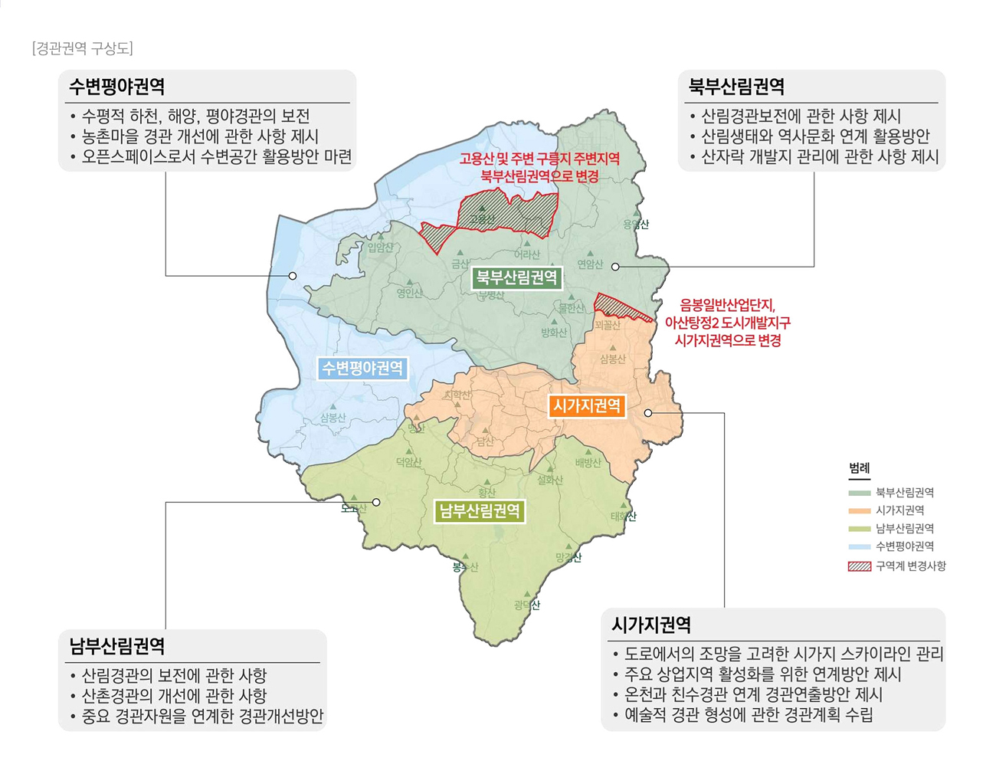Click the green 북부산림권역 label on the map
(x=517, y=277)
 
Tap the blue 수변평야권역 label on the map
(x=362, y=369)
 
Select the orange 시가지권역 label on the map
(x=587, y=406)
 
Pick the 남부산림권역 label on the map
(x=480, y=511)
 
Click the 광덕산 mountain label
(x=527, y=605)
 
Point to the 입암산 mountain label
(x=380, y=248)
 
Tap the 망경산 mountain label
(x=568, y=557)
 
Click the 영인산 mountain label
(x=409, y=293)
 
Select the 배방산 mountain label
(x=588, y=463)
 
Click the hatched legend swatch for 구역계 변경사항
(x=859, y=566)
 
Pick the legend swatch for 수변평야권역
(x=859, y=547)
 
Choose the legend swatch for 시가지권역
(x=859, y=511)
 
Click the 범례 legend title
(x=859, y=468)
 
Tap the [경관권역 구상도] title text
(x=83, y=49)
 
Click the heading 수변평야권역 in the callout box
(x=116, y=87)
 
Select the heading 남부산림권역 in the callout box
(x=116, y=646)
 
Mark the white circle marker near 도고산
(x=376, y=503)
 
